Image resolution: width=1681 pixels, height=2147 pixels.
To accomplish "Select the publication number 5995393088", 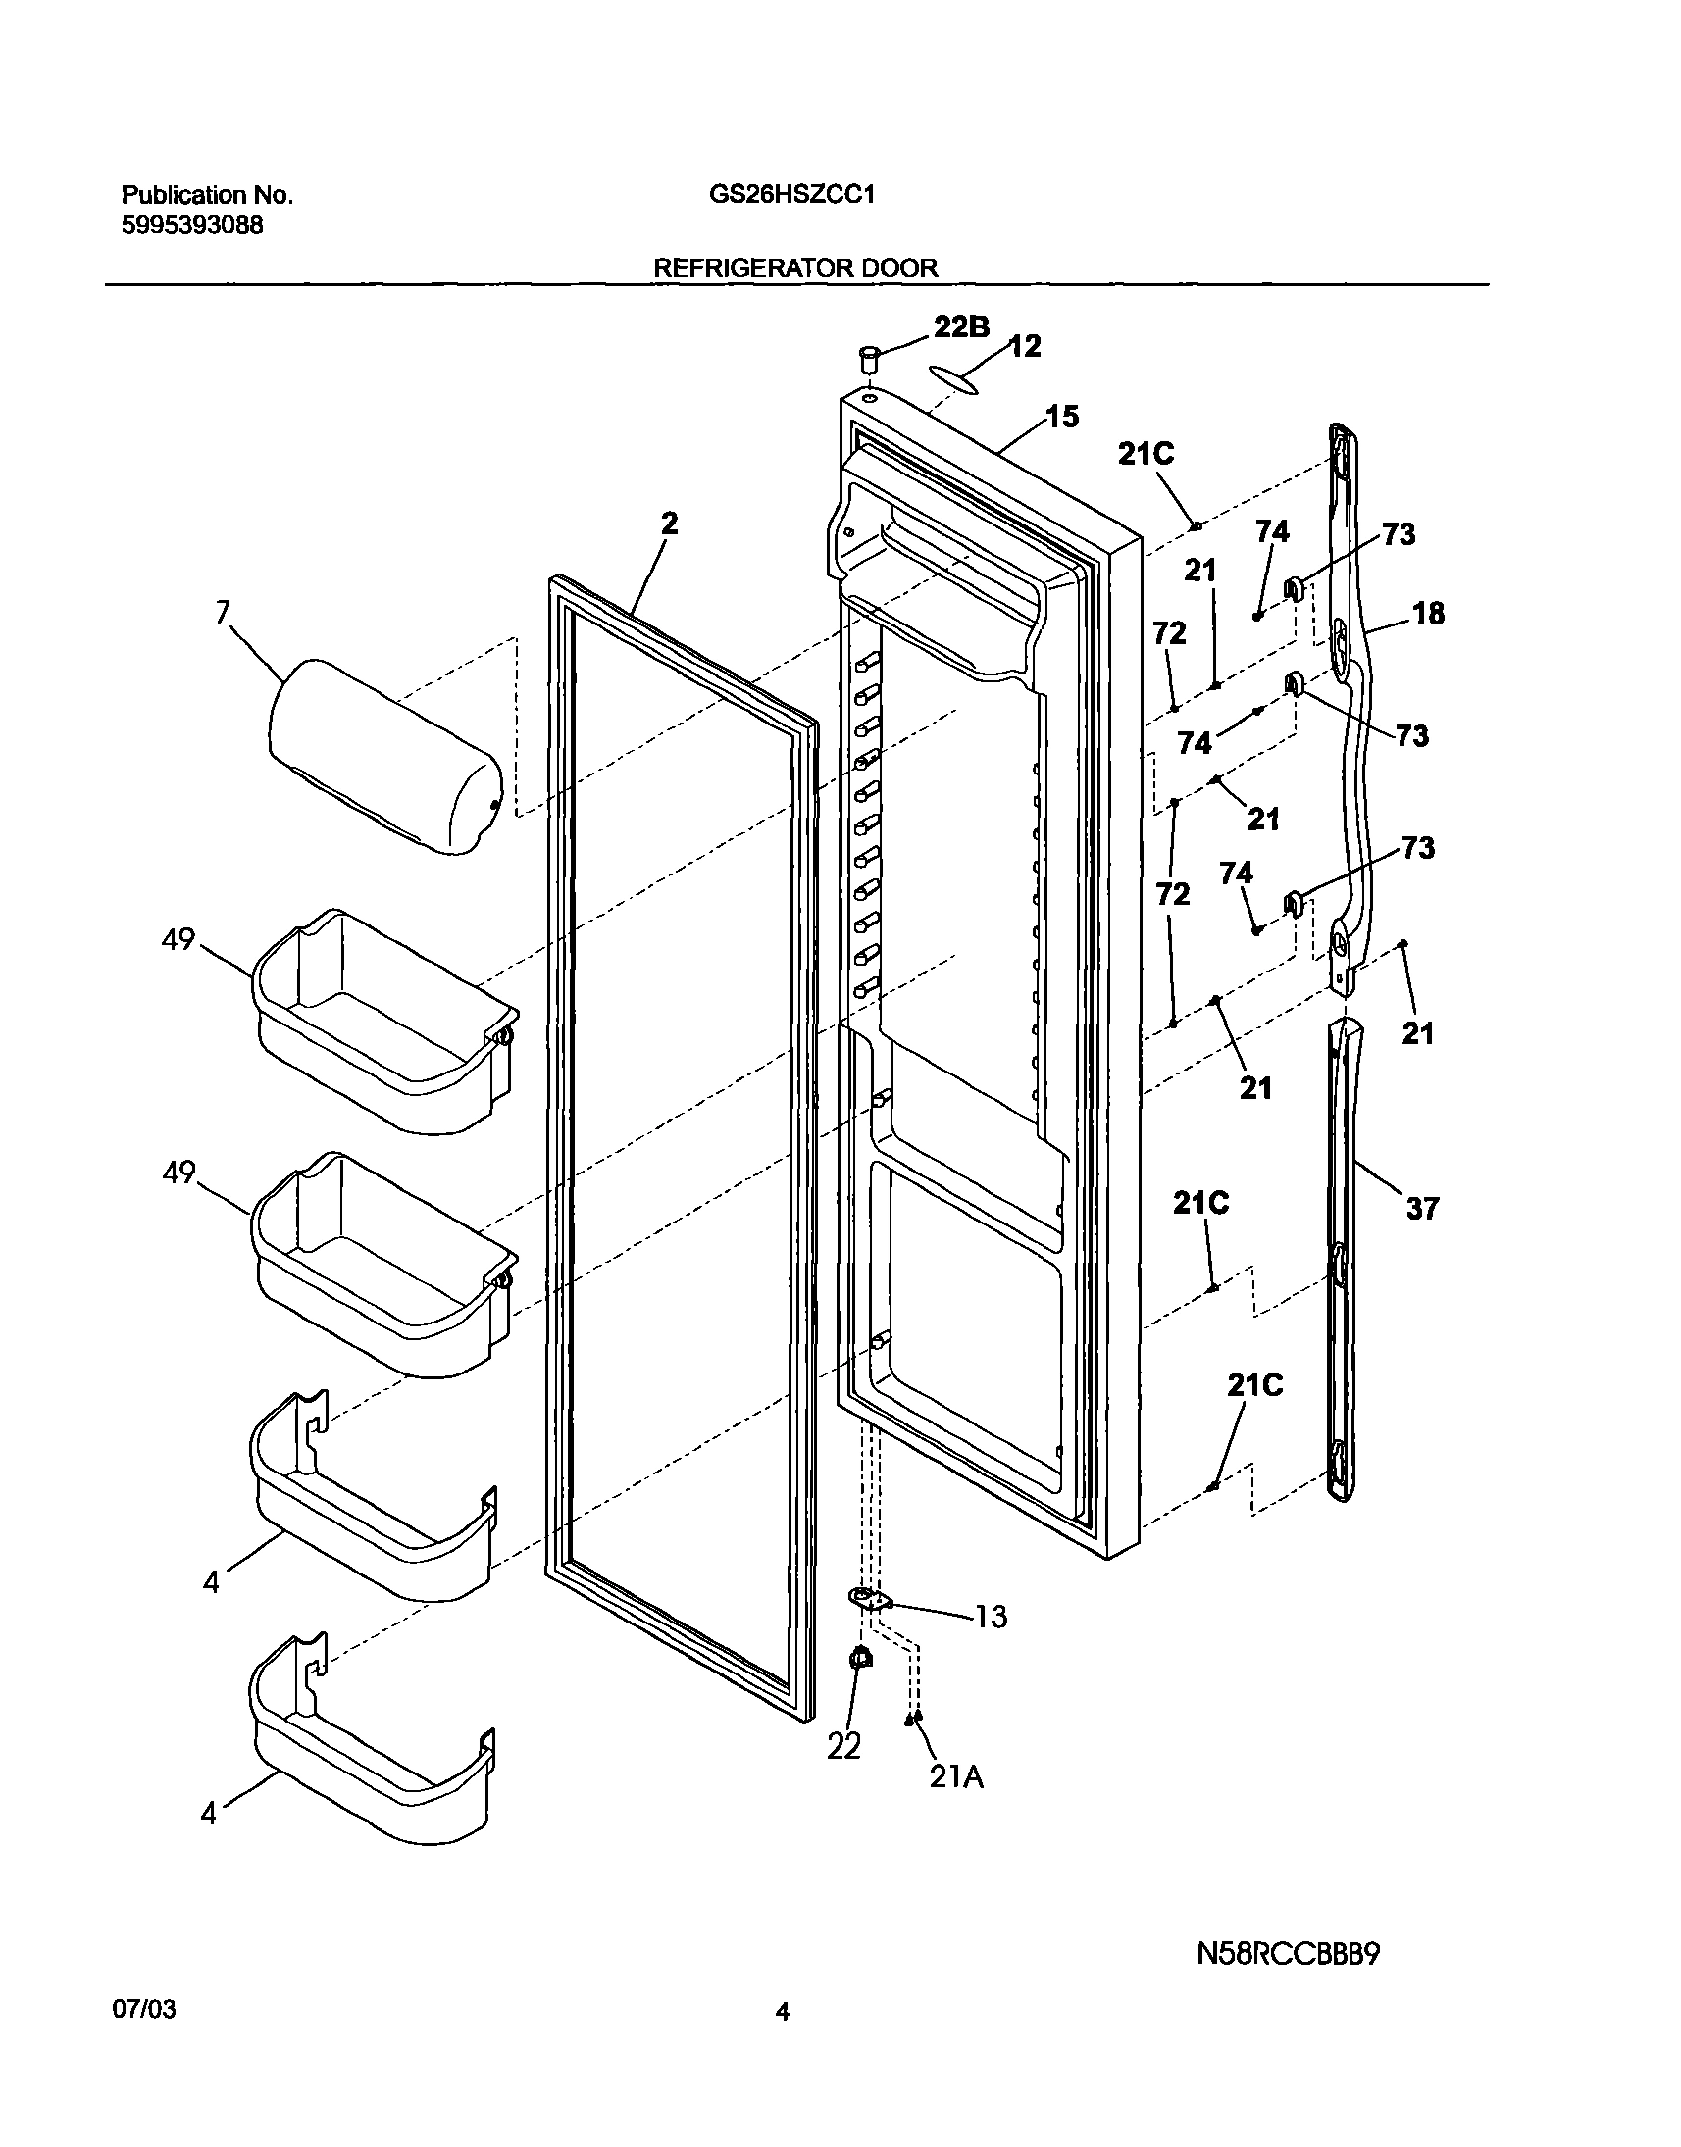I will (192, 225).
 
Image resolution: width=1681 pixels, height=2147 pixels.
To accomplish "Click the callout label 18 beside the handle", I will (1428, 614).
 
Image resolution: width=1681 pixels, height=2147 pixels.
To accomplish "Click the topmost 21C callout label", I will (1146, 454).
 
